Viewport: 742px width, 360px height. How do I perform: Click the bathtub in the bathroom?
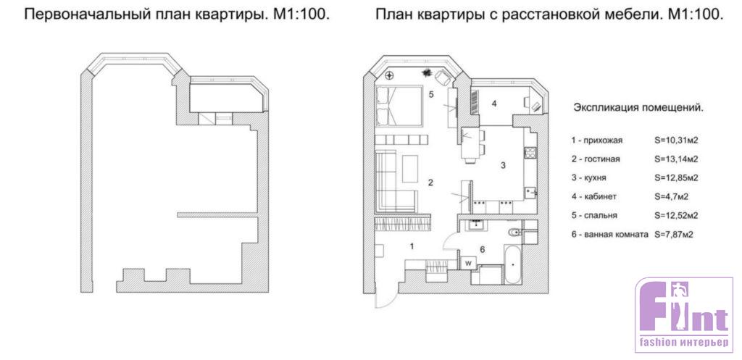pos(513,264)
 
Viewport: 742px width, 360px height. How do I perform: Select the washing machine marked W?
pos(469,262)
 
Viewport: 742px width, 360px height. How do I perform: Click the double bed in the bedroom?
pos(399,106)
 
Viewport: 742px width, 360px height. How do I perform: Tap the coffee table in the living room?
pos(410,168)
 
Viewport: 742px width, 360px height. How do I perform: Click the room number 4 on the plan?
pos(494,104)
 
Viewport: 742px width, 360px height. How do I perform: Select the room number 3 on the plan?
pos(504,165)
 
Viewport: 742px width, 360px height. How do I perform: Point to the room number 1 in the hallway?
pos(412,246)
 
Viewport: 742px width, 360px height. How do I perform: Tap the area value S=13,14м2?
pos(677,159)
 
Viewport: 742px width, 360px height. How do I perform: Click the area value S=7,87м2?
pos(674,234)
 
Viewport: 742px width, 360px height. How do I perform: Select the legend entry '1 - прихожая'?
pos(597,141)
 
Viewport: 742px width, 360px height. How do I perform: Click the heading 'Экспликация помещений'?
pos(638,107)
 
